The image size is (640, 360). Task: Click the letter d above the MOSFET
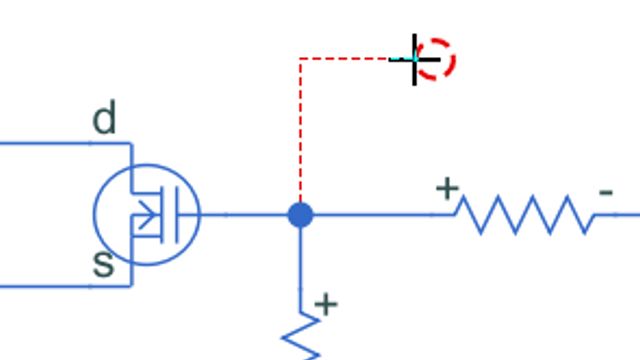(x=104, y=120)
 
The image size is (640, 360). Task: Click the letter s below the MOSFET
(x=103, y=264)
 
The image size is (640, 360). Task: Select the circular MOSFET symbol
(x=147, y=213)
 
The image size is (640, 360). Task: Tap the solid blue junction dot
(x=300, y=214)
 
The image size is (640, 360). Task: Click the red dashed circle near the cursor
(x=437, y=59)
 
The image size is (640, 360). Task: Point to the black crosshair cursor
(x=415, y=60)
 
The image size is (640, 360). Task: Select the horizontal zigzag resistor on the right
(x=524, y=214)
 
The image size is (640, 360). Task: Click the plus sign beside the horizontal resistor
(x=446, y=187)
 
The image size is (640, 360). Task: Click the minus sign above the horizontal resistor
(x=605, y=191)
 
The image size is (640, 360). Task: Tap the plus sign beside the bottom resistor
(x=326, y=303)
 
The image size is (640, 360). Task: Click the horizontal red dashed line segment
(x=345, y=59)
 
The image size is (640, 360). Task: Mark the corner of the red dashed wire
(x=300, y=59)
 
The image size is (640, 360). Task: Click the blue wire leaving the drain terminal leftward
(x=50, y=143)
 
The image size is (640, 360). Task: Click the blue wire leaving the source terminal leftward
(x=50, y=286)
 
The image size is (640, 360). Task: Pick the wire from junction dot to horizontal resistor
(x=375, y=214)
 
